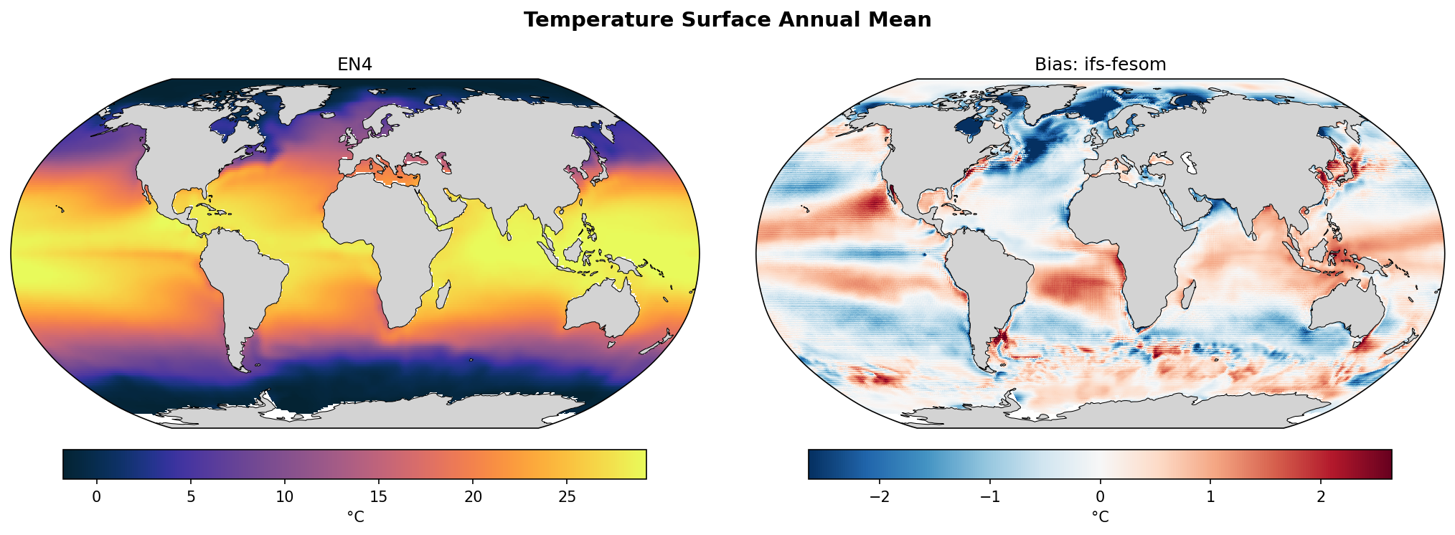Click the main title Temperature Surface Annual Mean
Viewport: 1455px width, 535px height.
click(727, 20)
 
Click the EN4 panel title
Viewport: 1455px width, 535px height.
click(354, 65)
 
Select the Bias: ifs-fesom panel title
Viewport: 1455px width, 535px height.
click(1100, 65)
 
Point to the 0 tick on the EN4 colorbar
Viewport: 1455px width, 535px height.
click(97, 497)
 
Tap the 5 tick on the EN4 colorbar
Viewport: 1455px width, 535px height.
click(191, 497)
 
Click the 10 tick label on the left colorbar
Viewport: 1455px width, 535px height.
click(285, 497)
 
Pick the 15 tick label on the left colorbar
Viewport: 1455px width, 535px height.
click(379, 497)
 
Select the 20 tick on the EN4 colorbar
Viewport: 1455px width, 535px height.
click(473, 497)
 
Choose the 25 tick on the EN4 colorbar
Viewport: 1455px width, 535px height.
click(567, 497)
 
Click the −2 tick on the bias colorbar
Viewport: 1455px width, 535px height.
click(880, 497)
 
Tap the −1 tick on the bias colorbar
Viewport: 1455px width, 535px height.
click(990, 497)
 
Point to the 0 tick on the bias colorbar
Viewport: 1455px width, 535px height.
click(1100, 497)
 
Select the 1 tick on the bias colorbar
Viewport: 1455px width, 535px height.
click(1210, 497)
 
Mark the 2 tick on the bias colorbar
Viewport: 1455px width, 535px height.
click(1321, 497)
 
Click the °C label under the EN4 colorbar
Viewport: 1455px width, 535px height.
click(355, 516)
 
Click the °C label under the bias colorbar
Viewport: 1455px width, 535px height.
click(1100, 516)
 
